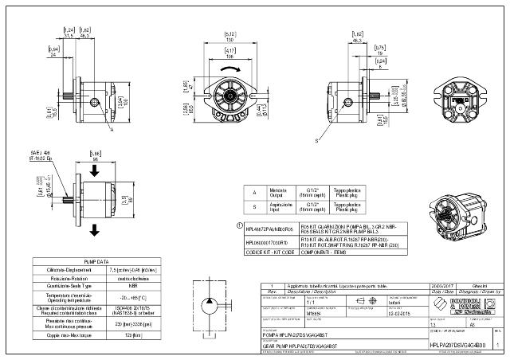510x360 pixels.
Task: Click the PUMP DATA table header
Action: (95, 260)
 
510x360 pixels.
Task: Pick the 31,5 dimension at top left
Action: (69, 35)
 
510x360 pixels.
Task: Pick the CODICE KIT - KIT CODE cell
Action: (270, 252)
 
